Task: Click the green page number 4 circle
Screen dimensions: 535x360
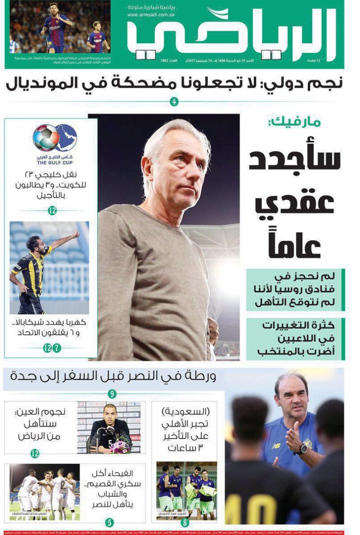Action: [x=175, y=102]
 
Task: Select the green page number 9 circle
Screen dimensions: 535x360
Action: [x=112, y=395]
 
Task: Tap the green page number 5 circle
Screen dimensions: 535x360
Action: [x=109, y=522]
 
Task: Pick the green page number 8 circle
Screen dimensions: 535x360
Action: [x=185, y=523]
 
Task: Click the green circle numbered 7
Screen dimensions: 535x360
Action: [x=57, y=348]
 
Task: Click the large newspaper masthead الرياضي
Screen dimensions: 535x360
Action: [x=232, y=34]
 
